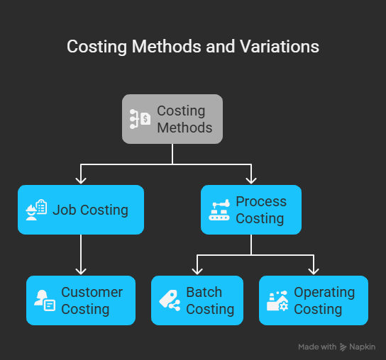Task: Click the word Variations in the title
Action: click(x=280, y=46)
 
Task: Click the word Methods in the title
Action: click(x=167, y=46)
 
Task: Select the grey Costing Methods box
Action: click(x=172, y=119)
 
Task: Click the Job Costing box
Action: click(x=81, y=210)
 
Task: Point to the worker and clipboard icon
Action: click(x=36, y=210)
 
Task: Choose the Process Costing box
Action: click(x=251, y=210)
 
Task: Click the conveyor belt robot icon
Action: click(x=219, y=210)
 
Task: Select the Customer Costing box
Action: click(x=81, y=300)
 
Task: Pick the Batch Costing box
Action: click(x=197, y=300)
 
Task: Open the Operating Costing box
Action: click(x=314, y=300)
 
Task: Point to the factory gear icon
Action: click(x=277, y=300)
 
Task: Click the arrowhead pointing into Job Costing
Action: click(x=81, y=181)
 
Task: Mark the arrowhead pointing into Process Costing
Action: click(x=251, y=181)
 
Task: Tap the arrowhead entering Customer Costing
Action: click(x=81, y=271)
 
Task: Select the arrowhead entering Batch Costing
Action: click(x=197, y=271)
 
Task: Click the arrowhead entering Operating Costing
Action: click(x=314, y=271)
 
